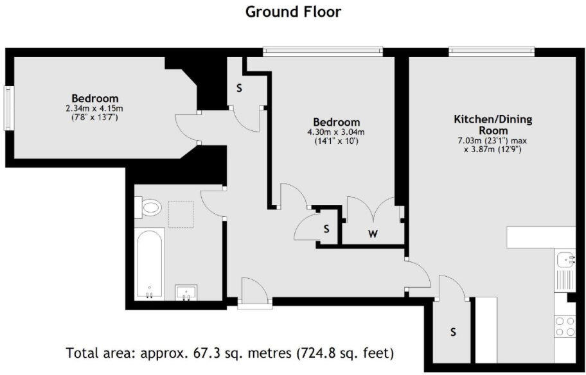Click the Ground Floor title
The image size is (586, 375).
pos(293,12)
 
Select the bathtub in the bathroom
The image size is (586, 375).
pos(149,265)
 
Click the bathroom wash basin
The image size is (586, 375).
pos(186,293)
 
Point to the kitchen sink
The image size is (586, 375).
pos(565,260)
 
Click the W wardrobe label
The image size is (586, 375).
pos(373,234)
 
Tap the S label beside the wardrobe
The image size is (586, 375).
pos(326,228)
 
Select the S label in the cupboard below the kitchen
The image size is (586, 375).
pos(453,332)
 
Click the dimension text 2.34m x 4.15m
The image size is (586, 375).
pos(94,109)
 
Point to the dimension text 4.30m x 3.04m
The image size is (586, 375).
pos(336,132)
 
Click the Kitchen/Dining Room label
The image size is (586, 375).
pos(493,125)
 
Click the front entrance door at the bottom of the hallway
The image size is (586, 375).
pos(253,292)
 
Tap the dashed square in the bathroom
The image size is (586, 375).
pos(181,213)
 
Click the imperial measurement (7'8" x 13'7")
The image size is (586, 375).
pos(94,118)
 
